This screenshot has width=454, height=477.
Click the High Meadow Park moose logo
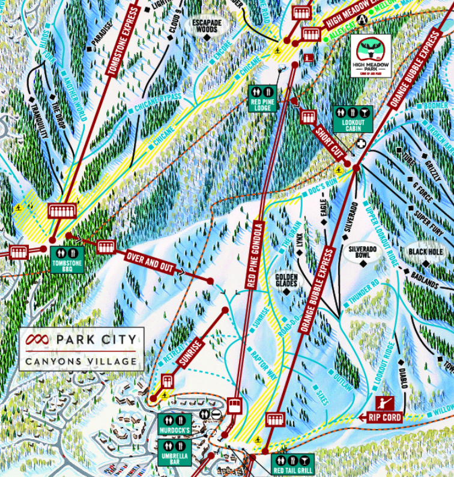click(371, 55)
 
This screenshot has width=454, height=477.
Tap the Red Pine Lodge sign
click(262, 98)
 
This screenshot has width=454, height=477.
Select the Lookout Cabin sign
click(353, 119)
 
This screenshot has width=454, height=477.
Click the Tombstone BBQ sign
click(67, 260)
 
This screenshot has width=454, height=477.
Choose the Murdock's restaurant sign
click(175, 424)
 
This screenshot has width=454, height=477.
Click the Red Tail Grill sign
click(292, 464)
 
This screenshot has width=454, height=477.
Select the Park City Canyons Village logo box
click(81, 348)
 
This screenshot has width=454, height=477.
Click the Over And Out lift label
click(150, 263)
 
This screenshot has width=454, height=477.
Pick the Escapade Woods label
click(206, 26)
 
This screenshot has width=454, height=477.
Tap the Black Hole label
click(425, 252)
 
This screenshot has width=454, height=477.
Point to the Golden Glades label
click(286, 281)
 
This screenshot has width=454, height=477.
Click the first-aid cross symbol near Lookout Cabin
click(362, 144)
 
